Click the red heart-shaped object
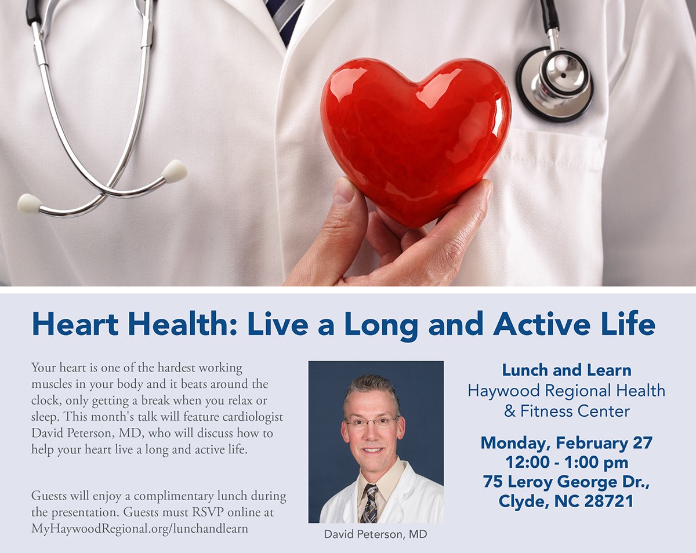pos(416,139)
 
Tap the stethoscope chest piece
pos(555,84)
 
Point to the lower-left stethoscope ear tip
pos(30,203)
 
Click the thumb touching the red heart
pos(347,207)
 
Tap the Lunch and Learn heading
pos(566,370)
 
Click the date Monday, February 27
pos(566,443)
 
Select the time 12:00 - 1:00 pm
pos(566,462)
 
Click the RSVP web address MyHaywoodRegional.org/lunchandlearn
pos(140,529)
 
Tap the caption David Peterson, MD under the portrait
pos(375,534)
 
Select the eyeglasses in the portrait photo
pos(372,423)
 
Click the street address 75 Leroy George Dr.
pos(566,482)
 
